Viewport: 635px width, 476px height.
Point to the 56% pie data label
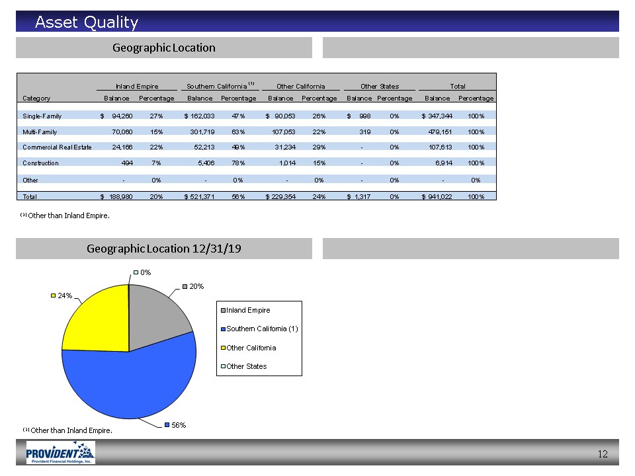click(x=175, y=425)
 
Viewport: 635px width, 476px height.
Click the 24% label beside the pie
click(x=62, y=296)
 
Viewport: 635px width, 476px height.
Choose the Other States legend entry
click(x=244, y=366)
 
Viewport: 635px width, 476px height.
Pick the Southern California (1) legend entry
click(x=259, y=329)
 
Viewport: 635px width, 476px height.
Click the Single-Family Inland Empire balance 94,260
click(x=122, y=116)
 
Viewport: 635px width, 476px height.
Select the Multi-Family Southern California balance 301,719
click(x=202, y=132)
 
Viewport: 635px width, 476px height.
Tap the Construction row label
click(x=40, y=163)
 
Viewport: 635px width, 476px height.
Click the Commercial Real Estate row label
click(x=57, y=147)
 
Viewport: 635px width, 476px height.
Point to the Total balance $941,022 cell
click(x=437, y=197)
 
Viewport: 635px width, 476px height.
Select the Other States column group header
click(x=380, y=86)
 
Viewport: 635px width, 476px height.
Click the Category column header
click(x=36, y=98)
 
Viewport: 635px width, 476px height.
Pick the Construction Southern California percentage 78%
click(x=238, y=163)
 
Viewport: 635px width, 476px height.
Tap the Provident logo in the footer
click(x=60, y=452)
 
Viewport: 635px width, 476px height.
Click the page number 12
click(x=603, y=454)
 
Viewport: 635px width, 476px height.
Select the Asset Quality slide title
click(x=87, y=22)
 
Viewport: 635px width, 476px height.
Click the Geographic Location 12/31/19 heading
click(x=163, y=249)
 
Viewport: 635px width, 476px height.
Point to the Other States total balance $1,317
click(x=359, y=197)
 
